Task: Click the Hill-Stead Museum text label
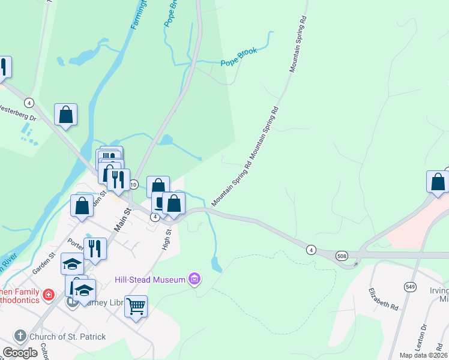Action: click(149, 280)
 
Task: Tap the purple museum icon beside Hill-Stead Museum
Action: click(194, 279)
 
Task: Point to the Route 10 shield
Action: click(133, 185)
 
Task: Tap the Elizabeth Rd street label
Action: click(384, 298)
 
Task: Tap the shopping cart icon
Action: click(136, 306)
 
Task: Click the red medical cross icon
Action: click(47, 295)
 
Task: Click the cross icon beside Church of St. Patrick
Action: click(19, 336)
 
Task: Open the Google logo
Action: click(20, 353)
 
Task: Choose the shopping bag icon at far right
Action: click(438, 182)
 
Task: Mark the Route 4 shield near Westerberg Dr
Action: click(29, 103)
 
